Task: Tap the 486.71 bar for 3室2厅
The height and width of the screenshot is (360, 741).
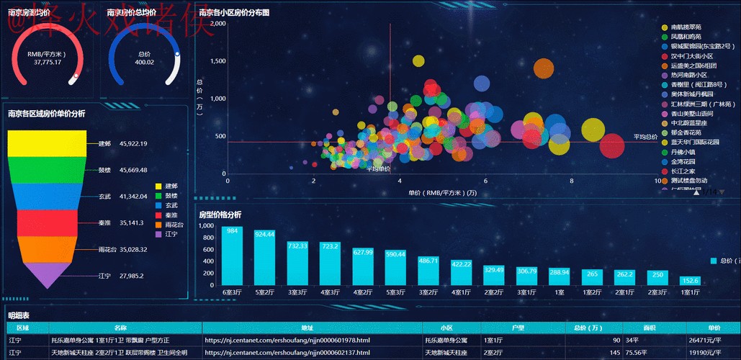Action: pyautogui.click(x=428, y=271)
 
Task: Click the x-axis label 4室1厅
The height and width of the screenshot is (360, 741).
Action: pyautogui.click(x=461, y=292)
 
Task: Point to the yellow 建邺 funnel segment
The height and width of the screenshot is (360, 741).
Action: pyautogui.click(x=47, y=143)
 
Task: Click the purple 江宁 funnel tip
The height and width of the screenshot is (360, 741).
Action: pyautogui.click(x=47, y=275)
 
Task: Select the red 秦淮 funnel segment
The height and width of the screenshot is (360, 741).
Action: pyautogui.click(x=47, y=222)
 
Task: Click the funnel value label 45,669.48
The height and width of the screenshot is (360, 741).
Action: pyautogui.click(x=133, y=170)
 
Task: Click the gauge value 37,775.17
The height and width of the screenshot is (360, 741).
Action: pyautogui.click(x=48, y=62)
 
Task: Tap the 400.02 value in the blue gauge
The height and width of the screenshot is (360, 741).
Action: pyautogui.click(x=144, y=62)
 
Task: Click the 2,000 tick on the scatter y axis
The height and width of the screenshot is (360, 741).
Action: pyautogui.click(x=217, y=23)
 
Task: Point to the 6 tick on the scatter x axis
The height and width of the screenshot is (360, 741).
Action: pyautogui.click(x=485, y=181)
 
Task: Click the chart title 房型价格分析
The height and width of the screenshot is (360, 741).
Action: pyautogui.click(x=220, y=214)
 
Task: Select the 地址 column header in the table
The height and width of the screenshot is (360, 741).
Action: pyautogui.click(x=312, y=328)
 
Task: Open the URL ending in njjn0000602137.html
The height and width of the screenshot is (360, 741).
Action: pyautogui.click(x=287, y=353)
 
